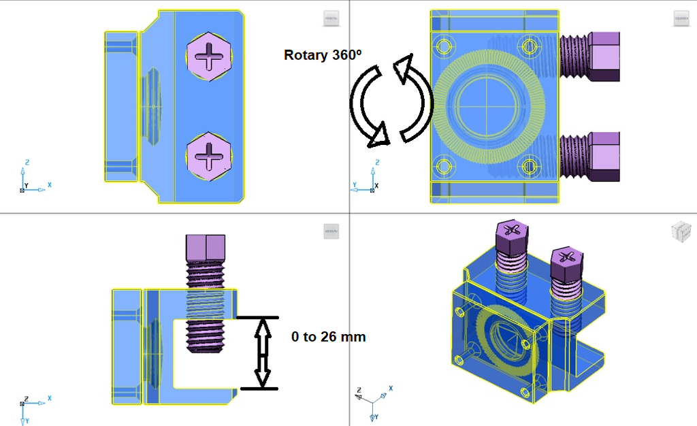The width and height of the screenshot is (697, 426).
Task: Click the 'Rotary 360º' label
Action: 323,56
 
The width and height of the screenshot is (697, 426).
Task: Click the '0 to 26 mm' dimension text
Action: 328,337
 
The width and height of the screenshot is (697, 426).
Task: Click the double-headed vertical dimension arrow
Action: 261,353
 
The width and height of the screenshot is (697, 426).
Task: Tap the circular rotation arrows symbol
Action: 391,103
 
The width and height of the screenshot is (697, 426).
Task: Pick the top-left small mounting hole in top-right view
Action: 444,46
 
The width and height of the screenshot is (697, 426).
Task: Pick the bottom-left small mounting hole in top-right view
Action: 444,165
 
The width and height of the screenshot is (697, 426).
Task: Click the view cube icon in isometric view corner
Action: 680,232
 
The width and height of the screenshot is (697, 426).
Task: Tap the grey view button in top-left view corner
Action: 331,19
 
